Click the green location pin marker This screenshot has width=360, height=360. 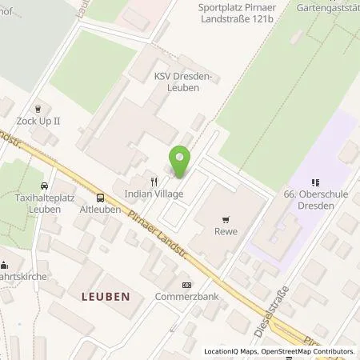(x=181, y=162)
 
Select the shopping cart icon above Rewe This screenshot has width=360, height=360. (x=228, y=218)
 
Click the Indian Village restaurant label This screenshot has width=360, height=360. (x=153, y=194)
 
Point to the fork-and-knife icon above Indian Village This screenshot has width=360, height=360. (x=153, y=182)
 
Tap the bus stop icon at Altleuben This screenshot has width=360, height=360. (x=100, y=197)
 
